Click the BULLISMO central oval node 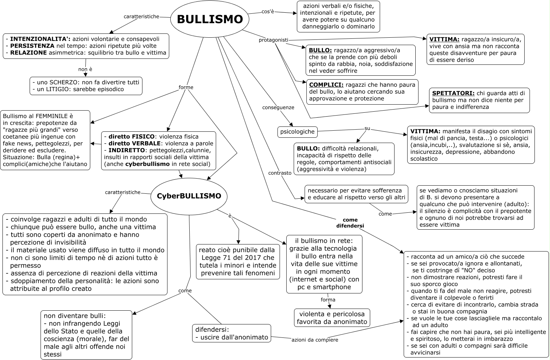(x=209, y=19)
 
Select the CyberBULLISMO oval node (x=189, y=196)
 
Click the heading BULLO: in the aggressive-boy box (x=320, y=50)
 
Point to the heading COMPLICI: (x=326, y=85)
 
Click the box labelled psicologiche (x=297, y=132)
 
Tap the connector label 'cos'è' (x=268, y=11)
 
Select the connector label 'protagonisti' (x=273, y=40)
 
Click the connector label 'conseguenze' (x=278, y=107)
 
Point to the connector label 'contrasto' (x=280, y=173)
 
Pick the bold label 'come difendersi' (x=350, y=223)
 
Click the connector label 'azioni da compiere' (x=315, y=340)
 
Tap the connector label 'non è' (x=85, y=69)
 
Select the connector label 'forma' (x=328, y=300)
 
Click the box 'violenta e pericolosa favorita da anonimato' (x=332, y=318)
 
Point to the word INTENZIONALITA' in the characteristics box (x=40, y=39)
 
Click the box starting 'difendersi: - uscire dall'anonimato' (x=232, y=333)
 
